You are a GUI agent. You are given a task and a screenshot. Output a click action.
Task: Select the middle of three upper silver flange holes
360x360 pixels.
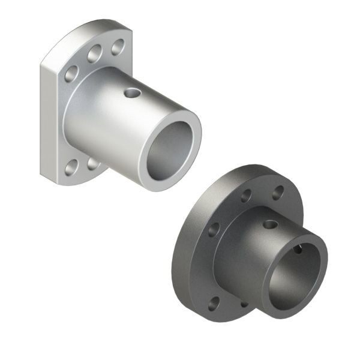94,56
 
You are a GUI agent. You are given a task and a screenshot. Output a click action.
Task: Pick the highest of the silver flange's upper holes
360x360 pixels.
118,46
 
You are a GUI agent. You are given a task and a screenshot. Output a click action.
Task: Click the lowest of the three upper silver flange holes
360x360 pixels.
71,74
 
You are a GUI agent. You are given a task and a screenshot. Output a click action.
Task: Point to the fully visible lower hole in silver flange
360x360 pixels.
71,168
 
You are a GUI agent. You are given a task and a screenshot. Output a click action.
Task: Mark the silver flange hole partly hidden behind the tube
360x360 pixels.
92,163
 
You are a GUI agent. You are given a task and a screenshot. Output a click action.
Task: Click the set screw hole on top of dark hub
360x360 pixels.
271,224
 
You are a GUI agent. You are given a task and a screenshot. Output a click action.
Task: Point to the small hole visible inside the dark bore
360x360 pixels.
298,249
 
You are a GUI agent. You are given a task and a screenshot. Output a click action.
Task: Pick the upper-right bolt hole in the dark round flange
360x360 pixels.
278,193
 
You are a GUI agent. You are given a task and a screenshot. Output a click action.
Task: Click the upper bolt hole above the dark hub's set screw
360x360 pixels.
247,196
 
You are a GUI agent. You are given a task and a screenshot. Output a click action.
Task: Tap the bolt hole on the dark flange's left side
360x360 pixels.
214,230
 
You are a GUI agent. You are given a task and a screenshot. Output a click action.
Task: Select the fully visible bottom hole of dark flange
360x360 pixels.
213,303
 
